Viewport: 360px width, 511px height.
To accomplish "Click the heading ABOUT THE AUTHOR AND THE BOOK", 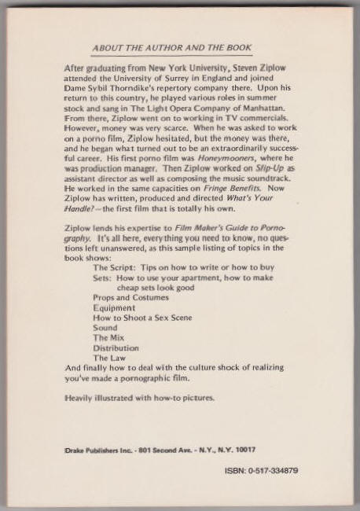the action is click(x=180, y=48).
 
